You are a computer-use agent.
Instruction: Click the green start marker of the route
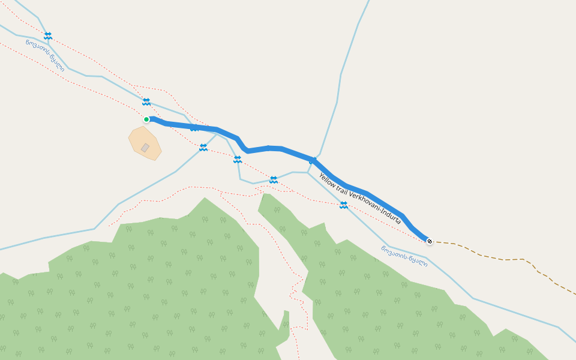146,119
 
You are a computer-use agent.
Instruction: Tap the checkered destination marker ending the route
430,241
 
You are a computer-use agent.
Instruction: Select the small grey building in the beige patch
145,148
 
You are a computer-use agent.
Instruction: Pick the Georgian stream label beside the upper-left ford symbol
45,55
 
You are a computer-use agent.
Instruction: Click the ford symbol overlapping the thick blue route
194,128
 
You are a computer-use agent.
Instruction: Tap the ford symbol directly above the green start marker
146,101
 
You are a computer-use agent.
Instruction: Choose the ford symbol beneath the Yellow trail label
344,205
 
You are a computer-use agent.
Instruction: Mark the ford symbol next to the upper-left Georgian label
48,36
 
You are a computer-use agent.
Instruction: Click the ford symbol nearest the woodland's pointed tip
274,179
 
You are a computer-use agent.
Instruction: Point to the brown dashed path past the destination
504,259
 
